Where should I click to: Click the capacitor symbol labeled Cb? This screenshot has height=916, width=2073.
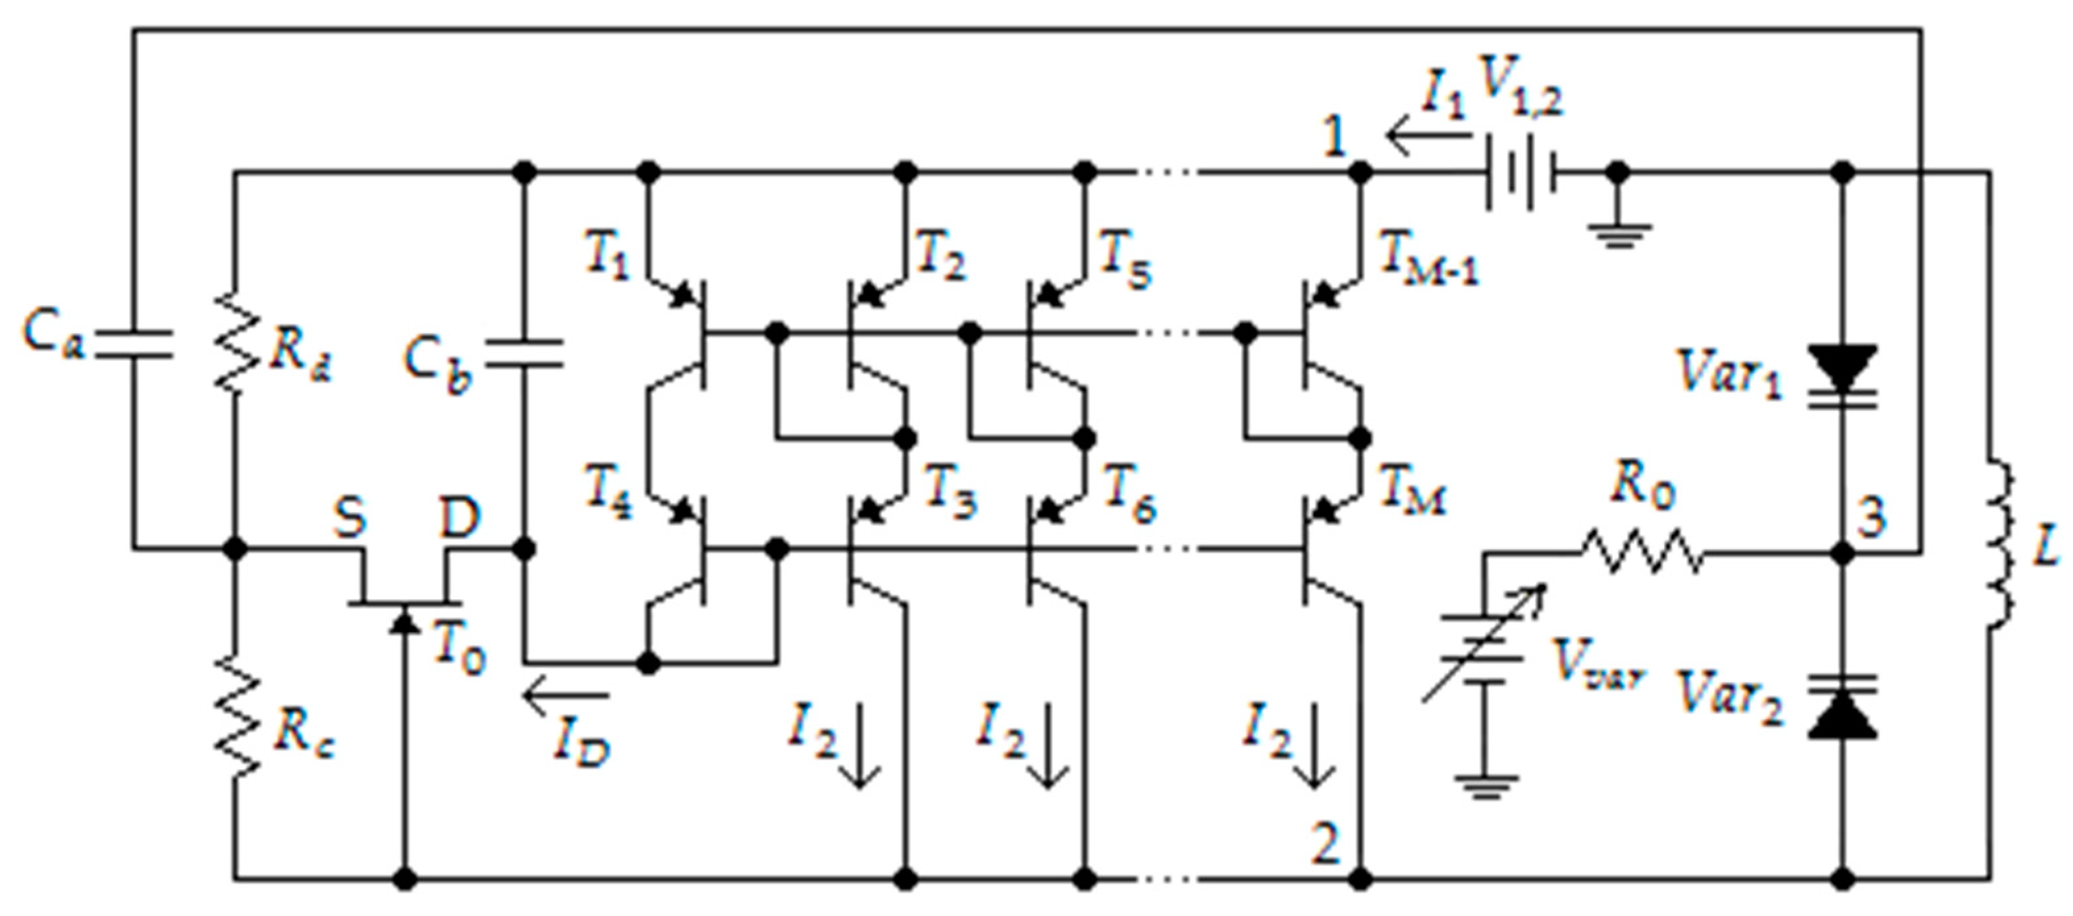[x=525, y=354]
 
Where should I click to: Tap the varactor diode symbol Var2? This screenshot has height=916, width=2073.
[x=1843, y=707]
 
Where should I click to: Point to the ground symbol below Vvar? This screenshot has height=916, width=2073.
[x=1486, y=787]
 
